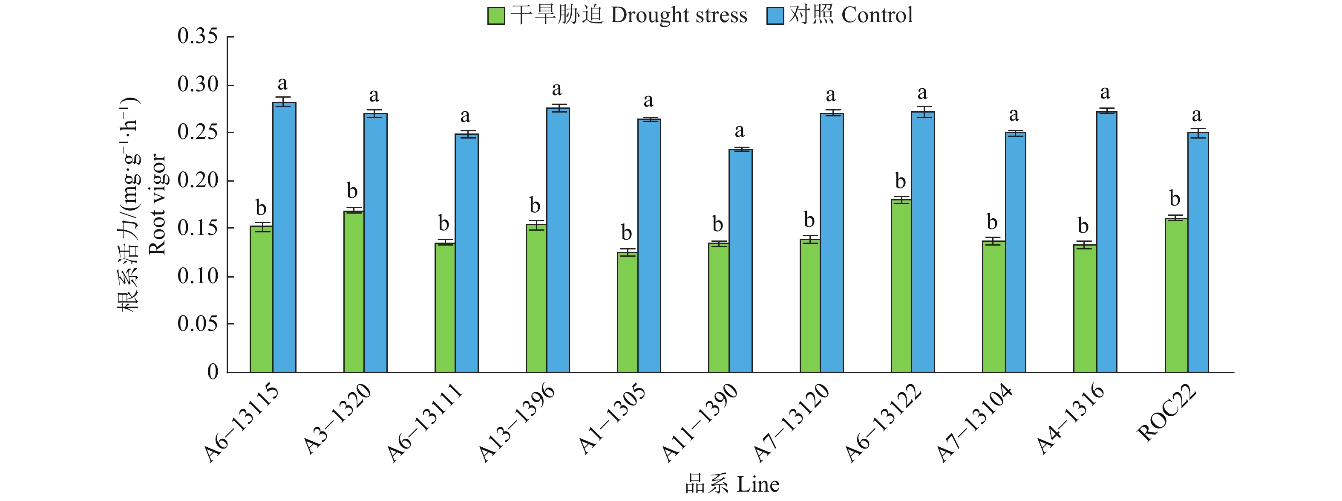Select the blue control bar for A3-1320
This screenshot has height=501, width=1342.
tap(375, 243)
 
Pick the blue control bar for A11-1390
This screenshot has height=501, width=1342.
tap(740, 261)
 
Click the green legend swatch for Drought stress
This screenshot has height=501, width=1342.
tap(496, 16)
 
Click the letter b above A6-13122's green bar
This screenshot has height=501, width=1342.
tap(900, 181)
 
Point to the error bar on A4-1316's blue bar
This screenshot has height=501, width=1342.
tap(1106, 111)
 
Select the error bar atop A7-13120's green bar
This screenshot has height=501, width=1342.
tap(809, 239)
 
